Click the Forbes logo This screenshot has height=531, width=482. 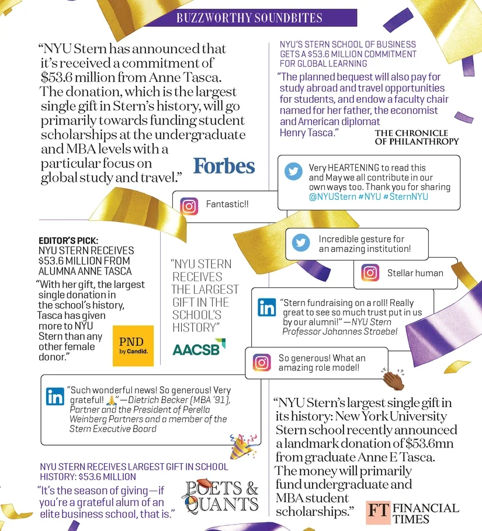[224, 166]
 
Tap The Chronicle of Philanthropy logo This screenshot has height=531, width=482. [417, 137]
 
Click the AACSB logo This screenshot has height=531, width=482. [199, 348]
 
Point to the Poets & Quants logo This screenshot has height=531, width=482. [221, 496]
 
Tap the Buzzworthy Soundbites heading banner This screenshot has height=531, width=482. [249, 18]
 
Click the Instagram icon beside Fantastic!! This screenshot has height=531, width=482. [189, 206]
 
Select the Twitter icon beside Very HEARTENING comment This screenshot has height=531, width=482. [293, 172]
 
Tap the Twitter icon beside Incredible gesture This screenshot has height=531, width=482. [301, 243]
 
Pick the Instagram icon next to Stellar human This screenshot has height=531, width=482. [370, 273]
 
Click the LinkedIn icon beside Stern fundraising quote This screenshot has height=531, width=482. [267, 307]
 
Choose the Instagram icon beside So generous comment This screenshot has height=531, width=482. [262, 362]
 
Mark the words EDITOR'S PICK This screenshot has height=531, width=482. [68, 240]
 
